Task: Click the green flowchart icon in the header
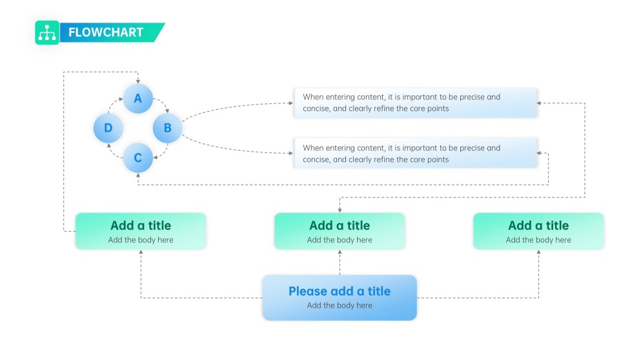coord(47,33)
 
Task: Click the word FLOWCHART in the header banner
coord(105,33)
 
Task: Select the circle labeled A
coord(137,99)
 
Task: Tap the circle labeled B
coord(167,128)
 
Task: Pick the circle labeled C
coord(137,157)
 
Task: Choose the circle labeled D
coord(108,128)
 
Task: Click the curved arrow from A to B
coord(162,104)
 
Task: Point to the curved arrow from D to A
coord(114,104)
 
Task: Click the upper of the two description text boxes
coord(416,103)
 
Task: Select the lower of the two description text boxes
coord(416,154)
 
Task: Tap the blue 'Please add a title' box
coord(340,297)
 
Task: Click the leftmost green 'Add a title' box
coord(141,231)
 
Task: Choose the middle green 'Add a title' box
coord(340,231)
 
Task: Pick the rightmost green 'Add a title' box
coord(538,231)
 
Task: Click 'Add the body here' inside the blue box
coord(340,305)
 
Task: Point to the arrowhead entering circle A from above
coord(138,81)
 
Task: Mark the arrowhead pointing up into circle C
coord(138,175)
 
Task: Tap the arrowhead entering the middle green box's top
coord(340,210)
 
